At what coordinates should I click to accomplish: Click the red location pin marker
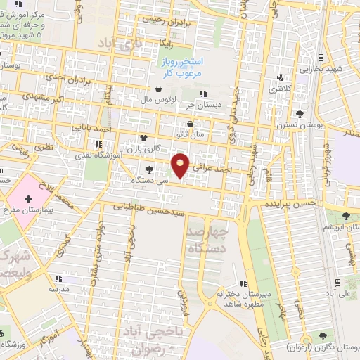click(x=181, y=165)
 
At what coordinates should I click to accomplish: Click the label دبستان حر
click(x=200, y=105)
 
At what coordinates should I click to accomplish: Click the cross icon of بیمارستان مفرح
click(x=28, y=200)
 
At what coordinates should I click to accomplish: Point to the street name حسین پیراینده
click(x=288, y=202)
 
